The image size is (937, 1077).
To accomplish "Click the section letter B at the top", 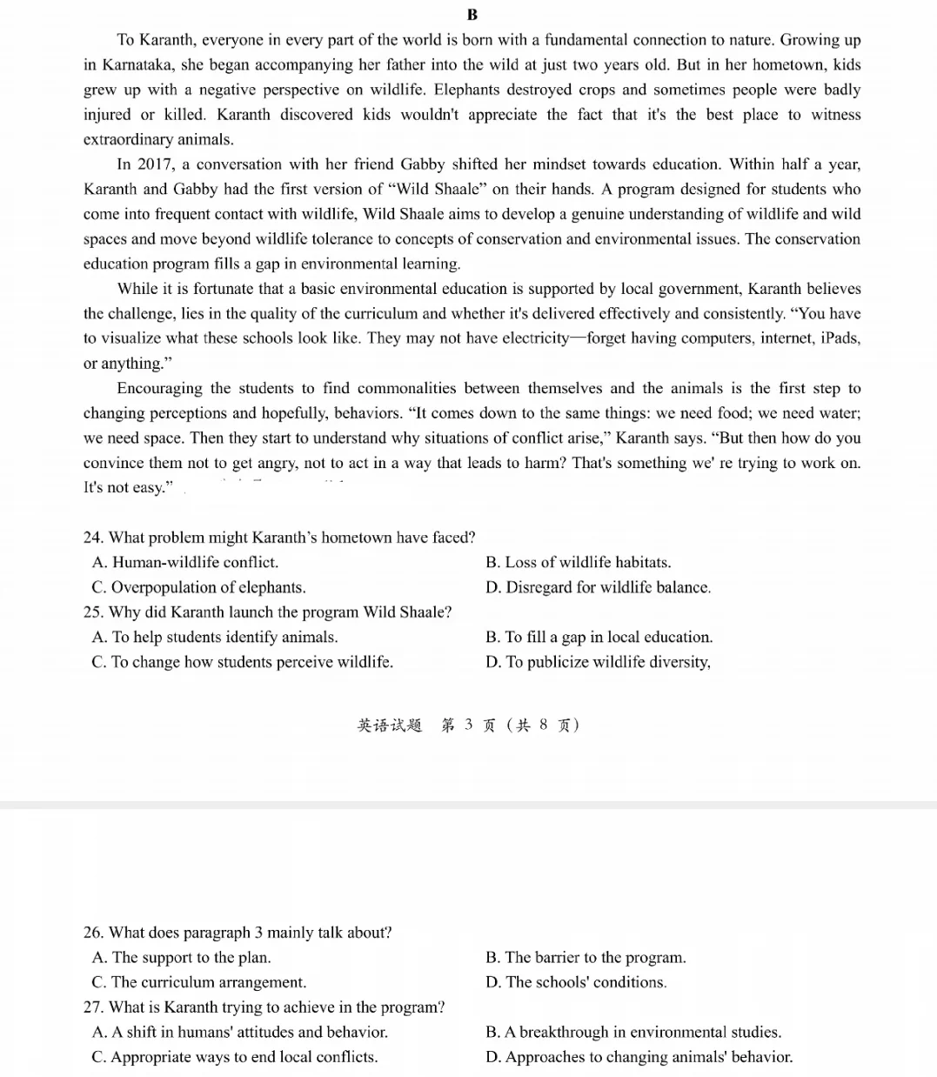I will coord(472,14).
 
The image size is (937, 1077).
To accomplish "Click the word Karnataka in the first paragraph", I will coord(137,65).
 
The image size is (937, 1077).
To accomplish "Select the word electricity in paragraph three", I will coord(534,338).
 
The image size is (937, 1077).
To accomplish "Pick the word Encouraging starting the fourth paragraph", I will coord(159,389).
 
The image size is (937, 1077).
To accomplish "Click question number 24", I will coord(93,538).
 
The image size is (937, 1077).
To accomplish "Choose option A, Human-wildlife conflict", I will coord(185,563).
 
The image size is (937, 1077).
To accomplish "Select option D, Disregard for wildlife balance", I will coord(598,588).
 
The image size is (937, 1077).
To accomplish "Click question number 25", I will coord(93,612).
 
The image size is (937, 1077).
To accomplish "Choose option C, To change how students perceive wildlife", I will coord(242,663).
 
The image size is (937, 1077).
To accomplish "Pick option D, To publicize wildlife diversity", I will coord(598,663).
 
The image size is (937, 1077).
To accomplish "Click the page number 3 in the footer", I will coord(469,725).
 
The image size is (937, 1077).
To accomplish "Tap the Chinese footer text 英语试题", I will coord(389,726).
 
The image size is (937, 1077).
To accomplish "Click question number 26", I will coord(93,933).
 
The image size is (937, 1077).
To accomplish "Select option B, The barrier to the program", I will coord(586,958).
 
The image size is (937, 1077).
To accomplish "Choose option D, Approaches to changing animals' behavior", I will coord(639,1058).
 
